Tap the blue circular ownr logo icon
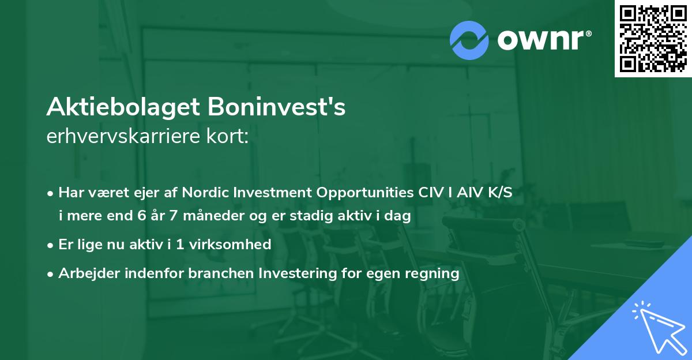469,40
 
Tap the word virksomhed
234,245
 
